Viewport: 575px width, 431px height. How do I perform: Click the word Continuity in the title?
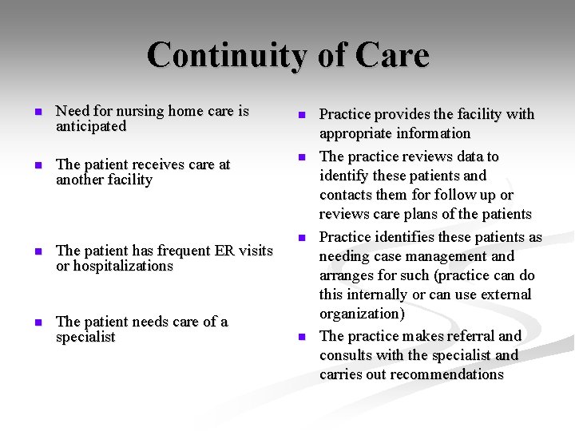point(220,56)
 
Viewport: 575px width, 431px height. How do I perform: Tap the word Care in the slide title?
point(392,56)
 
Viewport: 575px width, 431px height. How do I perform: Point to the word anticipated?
point(91,126)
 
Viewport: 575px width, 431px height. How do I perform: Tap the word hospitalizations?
point(122,266)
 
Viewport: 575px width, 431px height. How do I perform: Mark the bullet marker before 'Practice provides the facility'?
point(302,116)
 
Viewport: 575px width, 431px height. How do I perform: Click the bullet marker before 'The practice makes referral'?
point(302,338)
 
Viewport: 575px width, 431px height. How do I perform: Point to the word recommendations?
point(438,374)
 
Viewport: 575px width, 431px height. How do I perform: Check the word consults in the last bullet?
point(347,355)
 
